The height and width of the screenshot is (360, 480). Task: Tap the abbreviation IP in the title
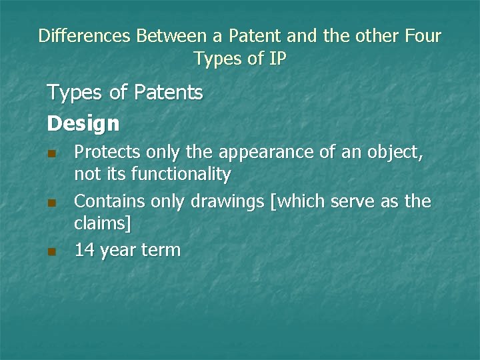tap(277, 59)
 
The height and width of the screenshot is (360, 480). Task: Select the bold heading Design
tap(83, 123)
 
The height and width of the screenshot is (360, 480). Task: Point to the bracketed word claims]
tap(103, 224)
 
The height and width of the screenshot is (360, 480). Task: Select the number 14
tap(85, 251)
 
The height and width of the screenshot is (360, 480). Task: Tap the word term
tap(161, 251)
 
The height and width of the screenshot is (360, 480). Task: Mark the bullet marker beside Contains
tap(51, 203)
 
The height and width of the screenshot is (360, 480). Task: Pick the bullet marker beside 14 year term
tap(51, 251)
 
